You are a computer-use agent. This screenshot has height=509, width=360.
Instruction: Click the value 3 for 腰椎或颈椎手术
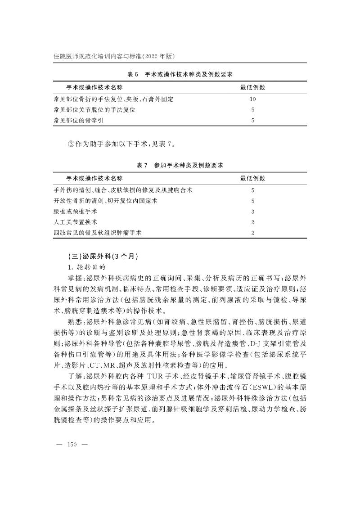(253, 212)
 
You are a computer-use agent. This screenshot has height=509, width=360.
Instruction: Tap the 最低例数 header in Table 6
(252, 87)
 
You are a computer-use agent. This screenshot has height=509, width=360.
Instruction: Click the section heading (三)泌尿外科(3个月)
(99, 257)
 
